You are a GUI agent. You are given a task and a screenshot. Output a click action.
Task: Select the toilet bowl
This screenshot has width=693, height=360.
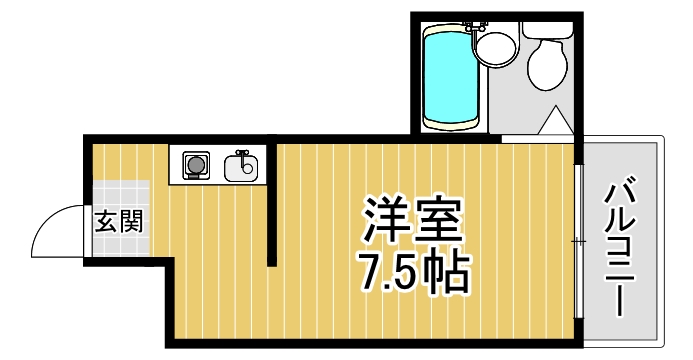click(546, 67)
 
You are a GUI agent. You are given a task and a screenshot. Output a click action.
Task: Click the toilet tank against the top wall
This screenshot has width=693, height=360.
click(547, 29)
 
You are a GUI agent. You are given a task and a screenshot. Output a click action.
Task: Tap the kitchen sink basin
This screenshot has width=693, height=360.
click(240, 166)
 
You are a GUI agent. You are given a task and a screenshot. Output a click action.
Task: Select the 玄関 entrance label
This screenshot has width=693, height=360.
click(118, 221)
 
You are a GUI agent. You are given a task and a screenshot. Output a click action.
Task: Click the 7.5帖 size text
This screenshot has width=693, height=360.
click(412, 271)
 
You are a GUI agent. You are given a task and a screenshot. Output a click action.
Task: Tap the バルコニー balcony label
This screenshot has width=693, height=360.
click(618, 245)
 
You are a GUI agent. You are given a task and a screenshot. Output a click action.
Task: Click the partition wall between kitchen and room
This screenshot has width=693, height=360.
click(271, 205)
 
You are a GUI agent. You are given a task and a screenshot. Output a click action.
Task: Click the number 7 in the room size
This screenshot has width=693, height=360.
click(370, 271)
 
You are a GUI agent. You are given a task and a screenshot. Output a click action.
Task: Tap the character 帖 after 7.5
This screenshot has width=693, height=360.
click(445, 271)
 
